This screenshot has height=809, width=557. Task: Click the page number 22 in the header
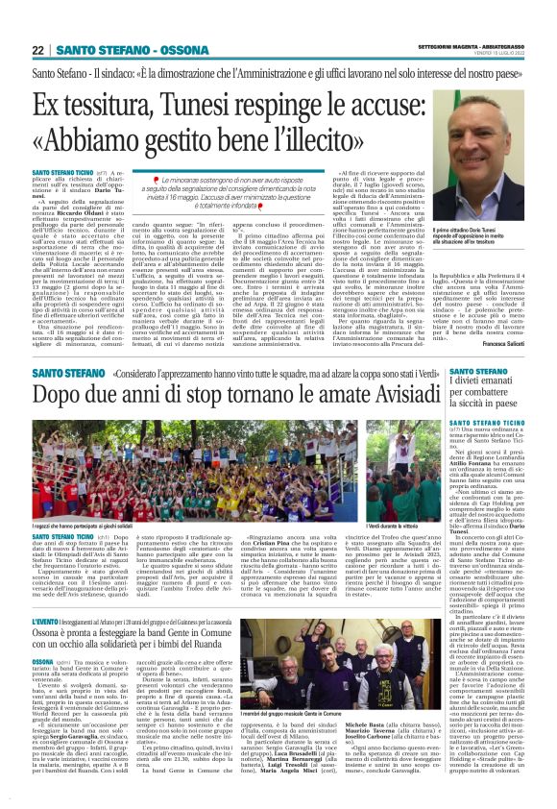tap(38, 50)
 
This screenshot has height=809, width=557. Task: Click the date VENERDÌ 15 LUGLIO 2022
tap(496, 53)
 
